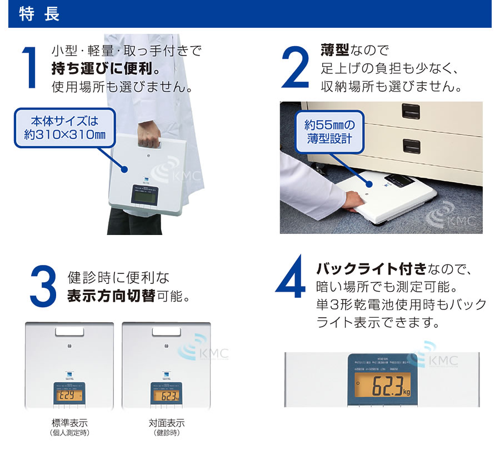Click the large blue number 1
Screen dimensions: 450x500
(x=29, y=67)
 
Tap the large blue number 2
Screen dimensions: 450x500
(x=294, y=67)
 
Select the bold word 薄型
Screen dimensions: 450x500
(x=334, y=51)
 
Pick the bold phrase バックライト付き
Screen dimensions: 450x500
(x=371, y=270)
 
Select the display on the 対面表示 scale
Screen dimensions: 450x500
(x=166, y=396)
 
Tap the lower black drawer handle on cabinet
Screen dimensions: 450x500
(x=412, y=147)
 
